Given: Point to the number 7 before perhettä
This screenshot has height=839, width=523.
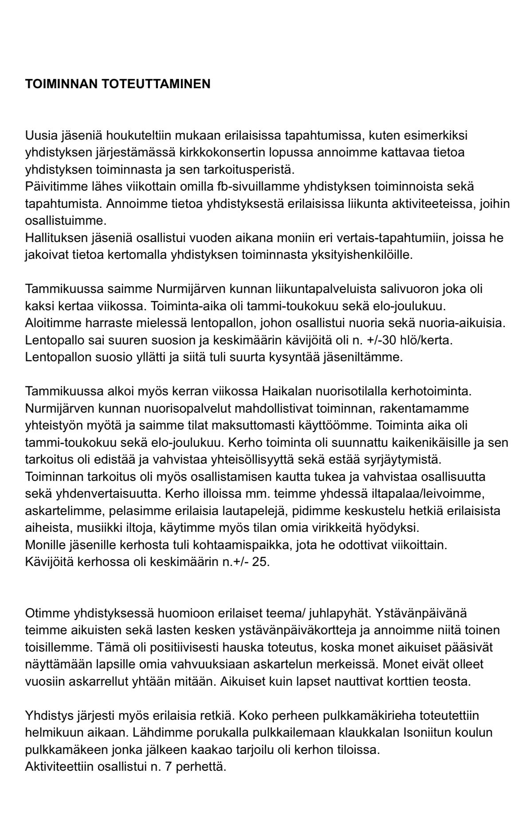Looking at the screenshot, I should [168, 767].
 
